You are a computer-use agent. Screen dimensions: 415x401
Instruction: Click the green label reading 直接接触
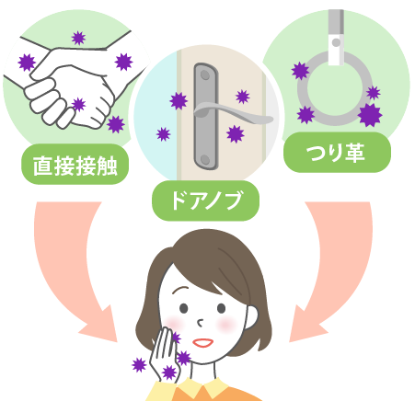point(75,164)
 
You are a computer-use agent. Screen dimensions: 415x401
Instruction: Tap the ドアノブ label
point(205,200)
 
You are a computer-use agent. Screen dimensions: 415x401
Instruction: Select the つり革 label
point(337,153)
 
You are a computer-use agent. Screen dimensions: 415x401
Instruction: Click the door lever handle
point(233,113)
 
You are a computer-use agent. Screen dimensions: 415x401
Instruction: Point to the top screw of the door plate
point(205,74)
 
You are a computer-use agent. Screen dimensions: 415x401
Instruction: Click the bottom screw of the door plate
point(205,159)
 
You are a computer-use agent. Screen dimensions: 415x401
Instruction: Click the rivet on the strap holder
point(336,42)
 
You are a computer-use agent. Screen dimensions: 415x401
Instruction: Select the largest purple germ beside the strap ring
point(370,115)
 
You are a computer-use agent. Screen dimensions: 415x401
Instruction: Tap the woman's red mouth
point(202,342)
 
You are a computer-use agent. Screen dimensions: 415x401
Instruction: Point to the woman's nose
point(201,323)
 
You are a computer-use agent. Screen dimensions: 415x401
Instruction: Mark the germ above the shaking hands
point(78,38)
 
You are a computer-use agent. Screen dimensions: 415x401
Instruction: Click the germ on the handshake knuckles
point(79,105)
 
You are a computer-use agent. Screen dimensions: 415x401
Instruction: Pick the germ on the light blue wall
point(163,134)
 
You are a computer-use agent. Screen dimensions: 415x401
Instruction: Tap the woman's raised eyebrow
point(180,290)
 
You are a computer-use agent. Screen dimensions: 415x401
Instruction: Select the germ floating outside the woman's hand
point(139,365)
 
